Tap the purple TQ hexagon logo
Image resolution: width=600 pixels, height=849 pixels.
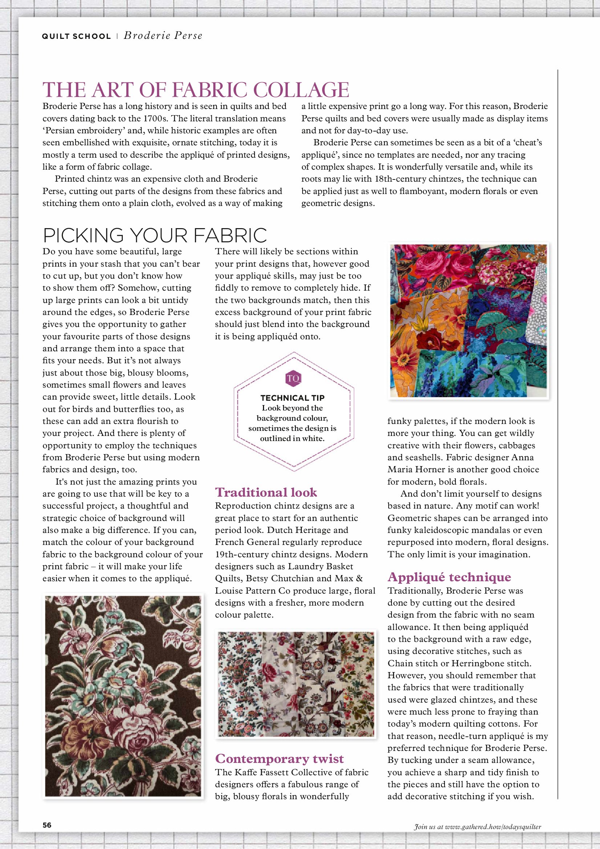point(293,378)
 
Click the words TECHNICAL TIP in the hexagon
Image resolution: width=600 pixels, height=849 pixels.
point(292,398)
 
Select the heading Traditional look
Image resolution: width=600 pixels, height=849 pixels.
point(266,492)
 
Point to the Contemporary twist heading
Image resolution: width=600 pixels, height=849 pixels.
point(280,759)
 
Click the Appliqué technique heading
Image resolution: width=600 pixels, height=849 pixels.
point(449,577)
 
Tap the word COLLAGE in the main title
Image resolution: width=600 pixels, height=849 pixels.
point(301,90)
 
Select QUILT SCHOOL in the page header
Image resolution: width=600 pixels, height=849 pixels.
point(76,36)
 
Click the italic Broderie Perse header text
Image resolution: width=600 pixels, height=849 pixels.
point(163,36)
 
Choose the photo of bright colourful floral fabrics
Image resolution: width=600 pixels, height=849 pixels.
point(468,320)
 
